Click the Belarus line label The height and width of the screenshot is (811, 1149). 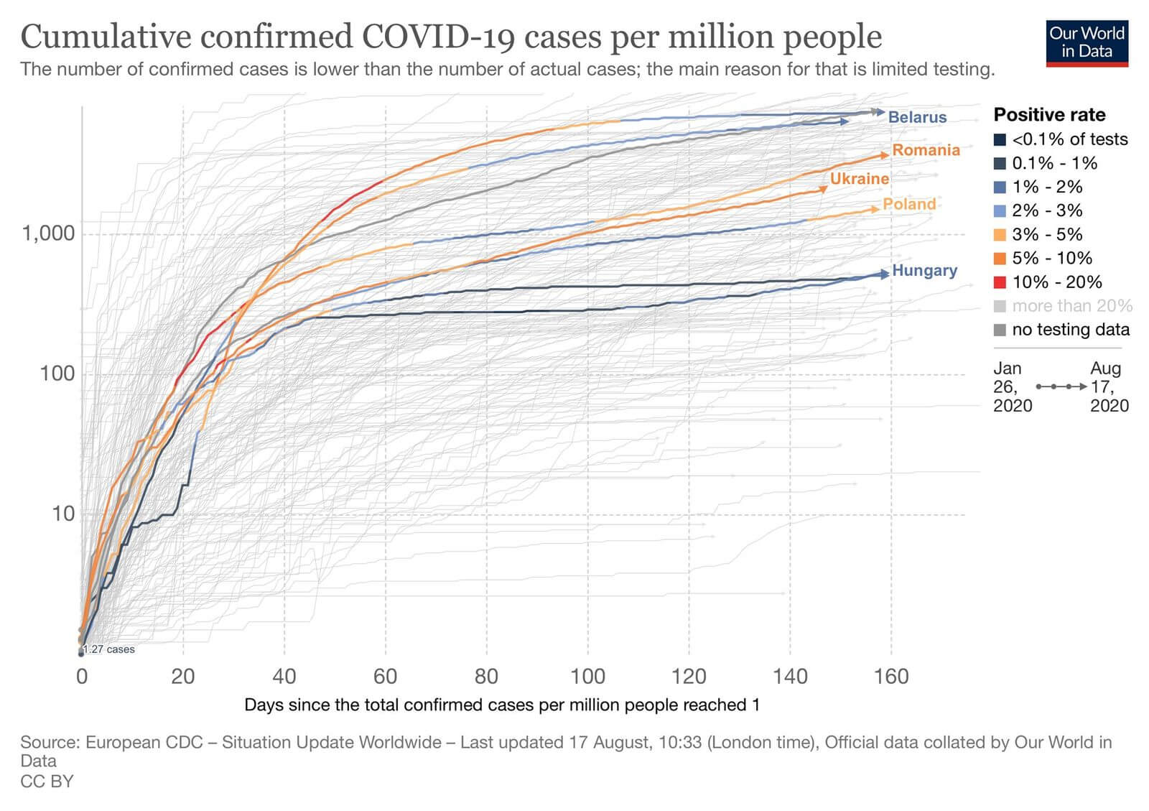[x=917, y=117]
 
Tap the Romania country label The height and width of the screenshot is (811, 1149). [x=926, y=150]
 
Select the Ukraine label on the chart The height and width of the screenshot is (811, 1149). [x=859, y=179]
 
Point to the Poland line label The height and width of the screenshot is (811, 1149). [x=909, y=204]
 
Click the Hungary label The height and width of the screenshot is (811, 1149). [x=924, y=271]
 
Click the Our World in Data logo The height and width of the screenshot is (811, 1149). [x=1087, y=43]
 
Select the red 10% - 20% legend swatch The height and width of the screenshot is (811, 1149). [x=1000, y=282]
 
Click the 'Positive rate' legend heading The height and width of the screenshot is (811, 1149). [x=1049, y=115]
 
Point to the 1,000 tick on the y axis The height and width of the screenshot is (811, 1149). [x=48, y=233]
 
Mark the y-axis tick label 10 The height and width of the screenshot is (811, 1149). [x=63, y=514]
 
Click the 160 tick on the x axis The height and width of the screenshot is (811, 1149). [x=891, y=677]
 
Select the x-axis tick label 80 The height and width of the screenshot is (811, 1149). [x=486, y=677]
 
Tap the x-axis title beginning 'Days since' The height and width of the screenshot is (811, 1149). [x=502, y=705]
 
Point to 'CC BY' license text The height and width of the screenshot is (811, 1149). [x=47, y=781]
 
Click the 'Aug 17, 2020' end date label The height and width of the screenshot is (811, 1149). [x=1109, y=387]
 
